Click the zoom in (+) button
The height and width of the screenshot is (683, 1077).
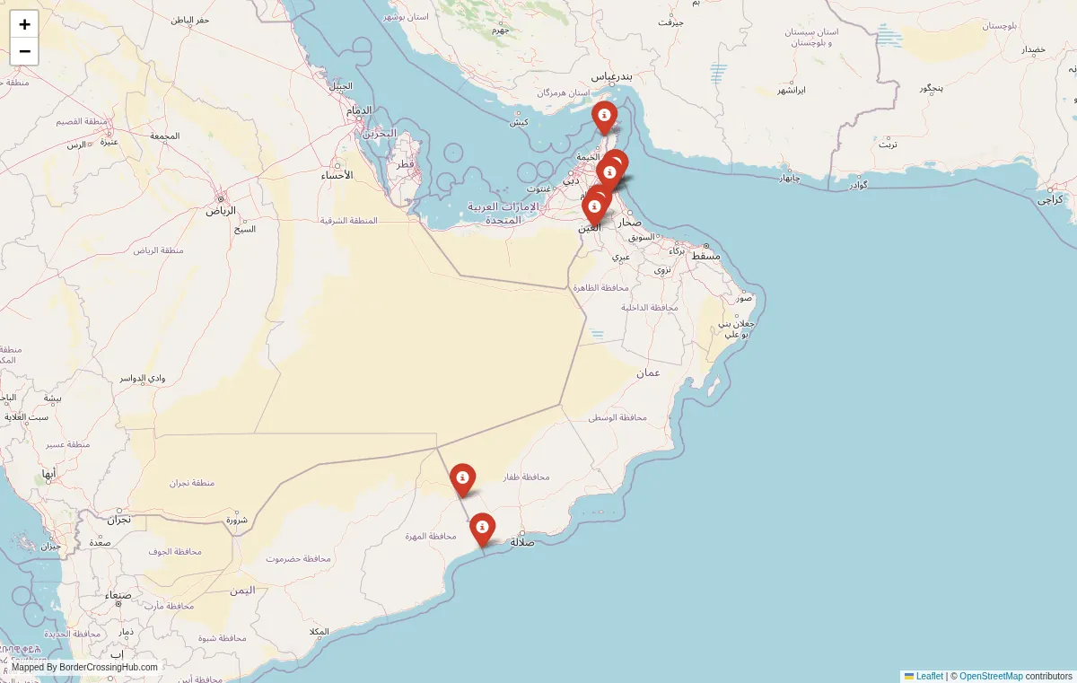pyautogui.click(x=24, y=24)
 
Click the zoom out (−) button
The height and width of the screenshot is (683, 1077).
pyautogui.click(x=24, y=51)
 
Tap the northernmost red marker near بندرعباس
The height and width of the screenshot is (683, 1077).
pyautogui.click(x=604, y=117)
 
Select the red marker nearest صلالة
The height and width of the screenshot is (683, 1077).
pyautogui.click(x=482, y=528)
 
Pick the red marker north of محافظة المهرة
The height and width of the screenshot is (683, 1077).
pyautogui.click(x=462, y=478)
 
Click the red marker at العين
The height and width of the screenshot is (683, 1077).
pyautogui.click(x=593, y=208)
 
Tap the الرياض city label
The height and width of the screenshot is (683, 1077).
pyautogui.click(x=221, y=211)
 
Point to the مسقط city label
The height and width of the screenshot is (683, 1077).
pyautogui.click(x=705, y=256)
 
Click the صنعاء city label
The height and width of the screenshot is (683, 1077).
pyautogui.click(x=118, y=595)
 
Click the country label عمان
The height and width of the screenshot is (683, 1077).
pyautogui.click(x=648, y=372)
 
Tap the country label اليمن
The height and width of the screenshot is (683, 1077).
pyautogui.click(x=241, y=590)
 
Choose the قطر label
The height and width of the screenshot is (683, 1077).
pyautogui.click(x=406, y=164)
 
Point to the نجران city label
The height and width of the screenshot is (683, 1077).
pyautogui.click(x=119, y=519)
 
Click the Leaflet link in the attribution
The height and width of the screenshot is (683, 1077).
pyautogui.click(x=929, y=676)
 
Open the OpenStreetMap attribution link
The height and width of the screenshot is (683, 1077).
pyautogui.click(x=991, y=676)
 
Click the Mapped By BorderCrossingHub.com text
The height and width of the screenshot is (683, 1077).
pyautogui.click(x=84, y=667)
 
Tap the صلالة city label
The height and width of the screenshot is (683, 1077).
pyautogui.click(x=522, y=541)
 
